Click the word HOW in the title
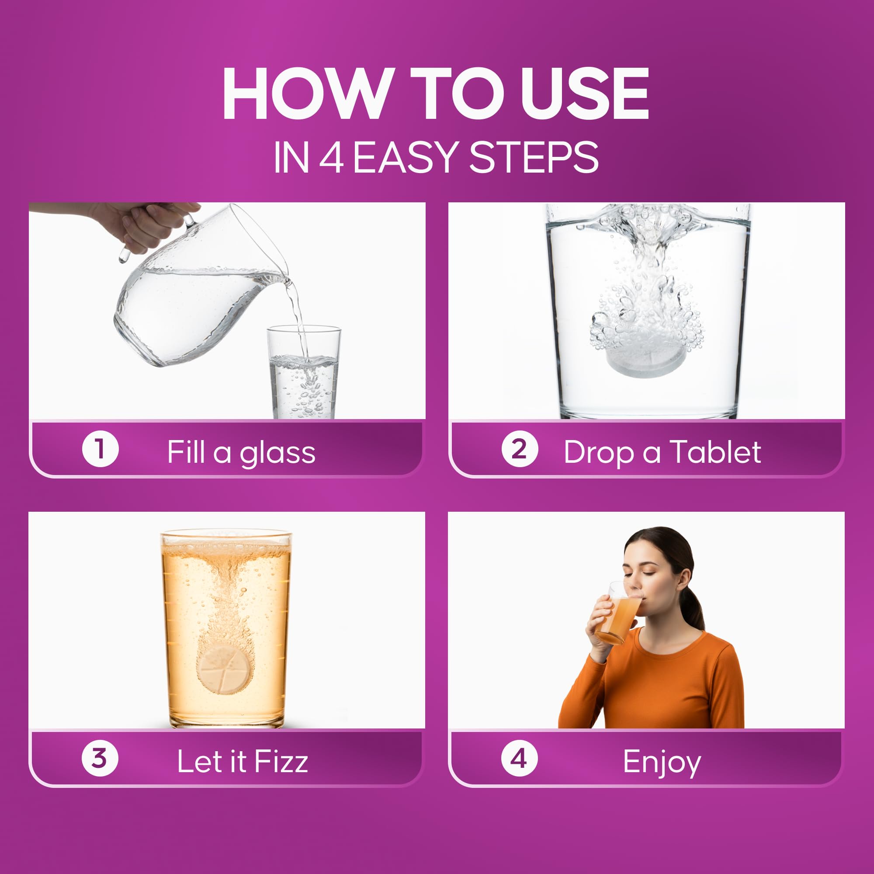click(307, 94)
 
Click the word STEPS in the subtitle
click(534, 157)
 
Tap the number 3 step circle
click(100, 758)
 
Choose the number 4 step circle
click(519, 758)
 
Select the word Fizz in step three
click(281, 761)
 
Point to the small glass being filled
click(304, 372)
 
